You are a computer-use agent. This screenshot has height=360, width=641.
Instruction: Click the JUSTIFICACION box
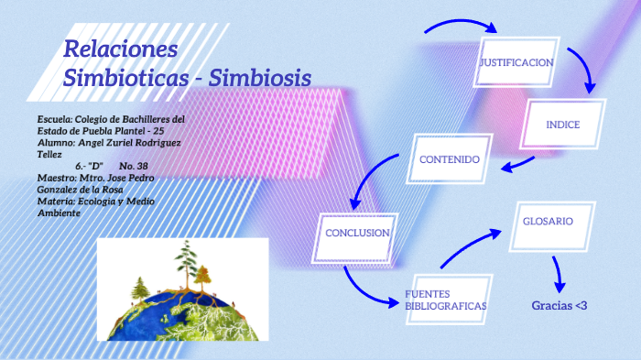click(516, 62)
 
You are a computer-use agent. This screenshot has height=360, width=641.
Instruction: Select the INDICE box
click(562, 124)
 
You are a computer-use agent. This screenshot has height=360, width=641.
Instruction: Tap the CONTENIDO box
click(450, 159)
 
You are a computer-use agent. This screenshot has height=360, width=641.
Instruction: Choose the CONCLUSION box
click(357, 233)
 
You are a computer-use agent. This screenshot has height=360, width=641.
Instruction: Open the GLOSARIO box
click(548, 222)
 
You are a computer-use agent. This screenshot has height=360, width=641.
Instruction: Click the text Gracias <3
click(559, 305)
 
